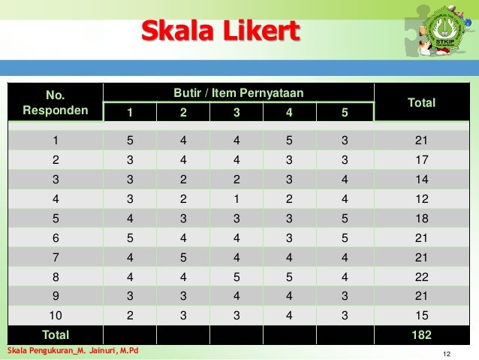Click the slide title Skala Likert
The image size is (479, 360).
pos(221,32)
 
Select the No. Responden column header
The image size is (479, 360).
pos(56,104)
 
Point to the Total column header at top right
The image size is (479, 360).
pos(420,103)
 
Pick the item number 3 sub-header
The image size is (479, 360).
pos(238,113)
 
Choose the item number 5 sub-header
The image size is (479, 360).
pos(344,113)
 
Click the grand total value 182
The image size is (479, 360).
pos(421,334)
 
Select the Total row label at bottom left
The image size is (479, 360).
pos(56,334)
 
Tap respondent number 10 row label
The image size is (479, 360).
pos(56,315)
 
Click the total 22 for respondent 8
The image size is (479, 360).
pos(421,276)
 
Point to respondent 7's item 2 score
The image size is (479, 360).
pos(184,256)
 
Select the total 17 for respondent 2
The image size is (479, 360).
pos(421,159)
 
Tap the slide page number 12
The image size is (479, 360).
pos(447,353)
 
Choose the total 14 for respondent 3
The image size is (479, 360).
pos(421,178)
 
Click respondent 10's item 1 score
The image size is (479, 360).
pos(131,315)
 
